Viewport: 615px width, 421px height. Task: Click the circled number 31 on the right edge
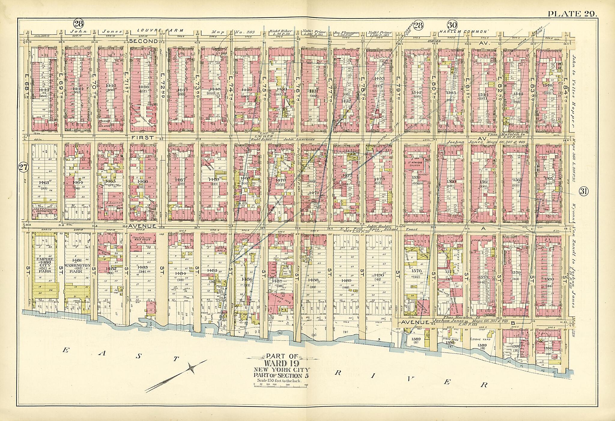point(583,191)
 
